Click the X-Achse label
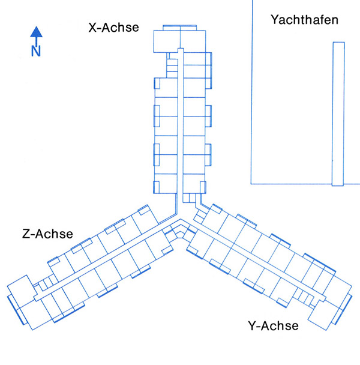click(113, 28)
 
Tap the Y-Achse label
click(273, 327)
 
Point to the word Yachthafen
click(304, 20)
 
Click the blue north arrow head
click(36, 32)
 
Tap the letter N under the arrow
click(36, 51)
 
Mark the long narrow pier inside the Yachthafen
click(338, 114)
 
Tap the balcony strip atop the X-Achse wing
click(179, 26)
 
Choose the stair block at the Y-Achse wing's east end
click(305, 297)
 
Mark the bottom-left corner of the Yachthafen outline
click(251, 182)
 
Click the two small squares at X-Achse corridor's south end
click(189, 198)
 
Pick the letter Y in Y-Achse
click(252, 327)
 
